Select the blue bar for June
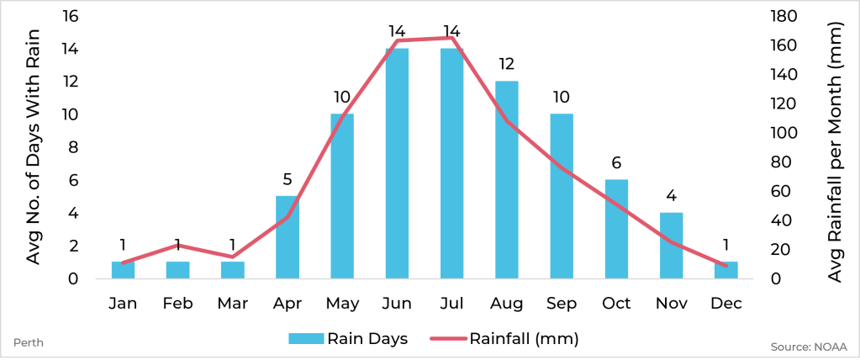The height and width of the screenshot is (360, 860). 397,163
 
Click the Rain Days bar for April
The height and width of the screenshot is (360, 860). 288,237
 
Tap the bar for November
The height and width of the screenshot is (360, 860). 671,245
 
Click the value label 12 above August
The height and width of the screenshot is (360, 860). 506,64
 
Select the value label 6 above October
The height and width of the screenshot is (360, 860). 616,162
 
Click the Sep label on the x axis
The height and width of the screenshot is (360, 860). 561,304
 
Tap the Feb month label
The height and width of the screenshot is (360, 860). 177,304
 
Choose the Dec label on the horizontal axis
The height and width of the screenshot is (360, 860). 725,304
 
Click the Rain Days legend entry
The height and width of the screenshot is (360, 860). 348,339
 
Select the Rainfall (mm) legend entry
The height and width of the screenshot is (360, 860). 504,339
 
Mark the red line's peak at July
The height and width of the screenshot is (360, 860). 451,38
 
